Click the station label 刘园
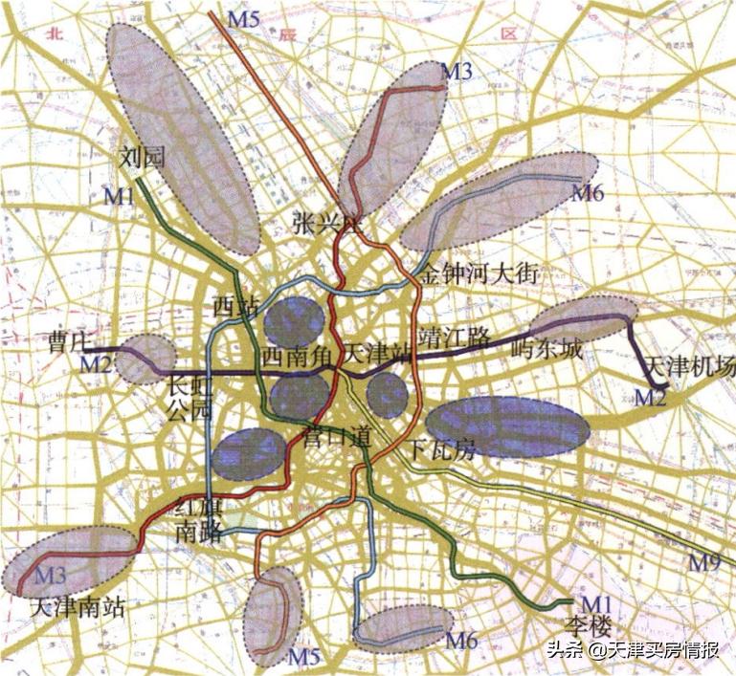click(144, 158)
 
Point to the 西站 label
click(235, 307)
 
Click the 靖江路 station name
click(460, 337)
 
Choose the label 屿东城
click(547, 347)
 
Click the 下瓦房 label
click(441, 449)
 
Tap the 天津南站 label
click(78, 606)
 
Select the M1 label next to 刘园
click(120, 196)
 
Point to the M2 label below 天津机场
click(651, 396)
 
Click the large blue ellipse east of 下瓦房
click(507, 426)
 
